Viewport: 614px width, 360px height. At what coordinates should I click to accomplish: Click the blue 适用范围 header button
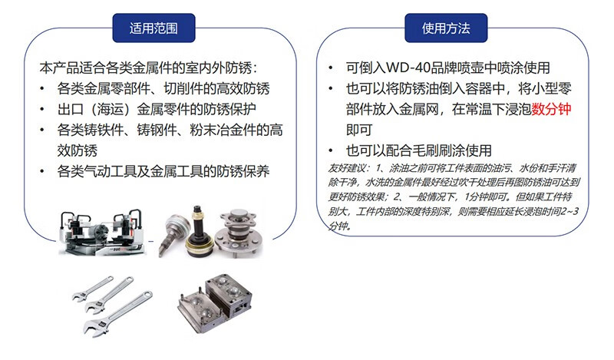point(153,28)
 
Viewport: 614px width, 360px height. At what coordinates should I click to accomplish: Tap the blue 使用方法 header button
point(446,28)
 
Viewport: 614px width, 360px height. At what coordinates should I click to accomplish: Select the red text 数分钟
point(551,109)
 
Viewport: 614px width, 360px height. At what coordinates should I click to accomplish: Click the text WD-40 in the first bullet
point(408,68)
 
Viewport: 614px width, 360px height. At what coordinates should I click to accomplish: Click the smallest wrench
point(92,289)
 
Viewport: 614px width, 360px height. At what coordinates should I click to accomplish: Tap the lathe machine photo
point(102,232)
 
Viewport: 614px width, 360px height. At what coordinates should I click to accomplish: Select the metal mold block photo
point(215,302)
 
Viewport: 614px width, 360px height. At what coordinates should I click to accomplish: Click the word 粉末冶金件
point(223,130)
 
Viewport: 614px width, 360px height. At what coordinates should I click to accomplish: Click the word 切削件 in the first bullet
point(183,88)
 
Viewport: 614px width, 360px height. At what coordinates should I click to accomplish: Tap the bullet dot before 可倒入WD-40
point(331,68)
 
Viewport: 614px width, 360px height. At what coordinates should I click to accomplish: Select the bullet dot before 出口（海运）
point(42,109)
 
